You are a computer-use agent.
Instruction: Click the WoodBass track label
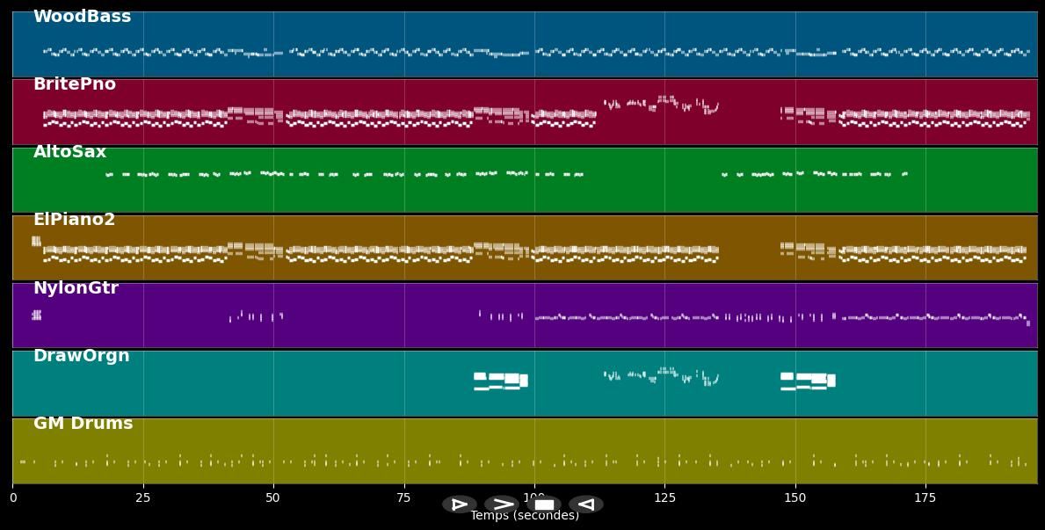(82, 17)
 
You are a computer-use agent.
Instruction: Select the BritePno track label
(75, 84)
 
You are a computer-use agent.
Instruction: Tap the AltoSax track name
(69, 152)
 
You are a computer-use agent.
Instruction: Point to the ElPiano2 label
(74, 220)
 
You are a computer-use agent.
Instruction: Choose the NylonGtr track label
(76, 288)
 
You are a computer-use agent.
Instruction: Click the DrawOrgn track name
(81, 356)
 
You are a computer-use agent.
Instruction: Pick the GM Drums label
(83, 424)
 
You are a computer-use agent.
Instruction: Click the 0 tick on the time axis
(12, 498)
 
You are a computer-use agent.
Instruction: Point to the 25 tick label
(143, 498)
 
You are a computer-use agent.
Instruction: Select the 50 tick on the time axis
(273, 498)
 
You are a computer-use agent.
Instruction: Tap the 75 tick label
(404, 498)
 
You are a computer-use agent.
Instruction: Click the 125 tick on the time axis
(664, 498)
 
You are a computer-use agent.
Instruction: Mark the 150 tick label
(795, 498)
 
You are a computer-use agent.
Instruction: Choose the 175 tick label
(925, 498)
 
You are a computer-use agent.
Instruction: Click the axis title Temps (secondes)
(524, 516)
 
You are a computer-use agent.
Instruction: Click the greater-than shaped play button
(502, 505)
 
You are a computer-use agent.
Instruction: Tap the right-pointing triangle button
(460, 505)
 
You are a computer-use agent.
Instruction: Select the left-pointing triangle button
(586, 505)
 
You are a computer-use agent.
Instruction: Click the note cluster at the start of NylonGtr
(36, 315)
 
